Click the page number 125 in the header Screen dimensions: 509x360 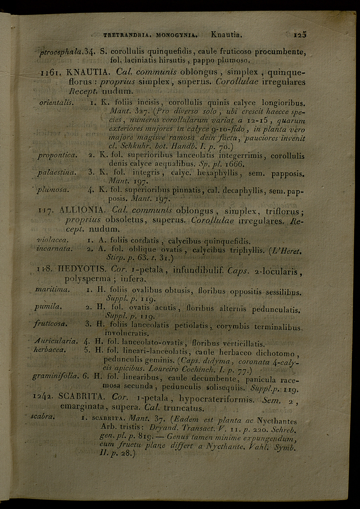299,35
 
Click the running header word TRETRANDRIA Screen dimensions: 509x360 127,35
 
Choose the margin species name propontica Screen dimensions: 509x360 58,155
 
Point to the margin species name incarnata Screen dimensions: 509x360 55,248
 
